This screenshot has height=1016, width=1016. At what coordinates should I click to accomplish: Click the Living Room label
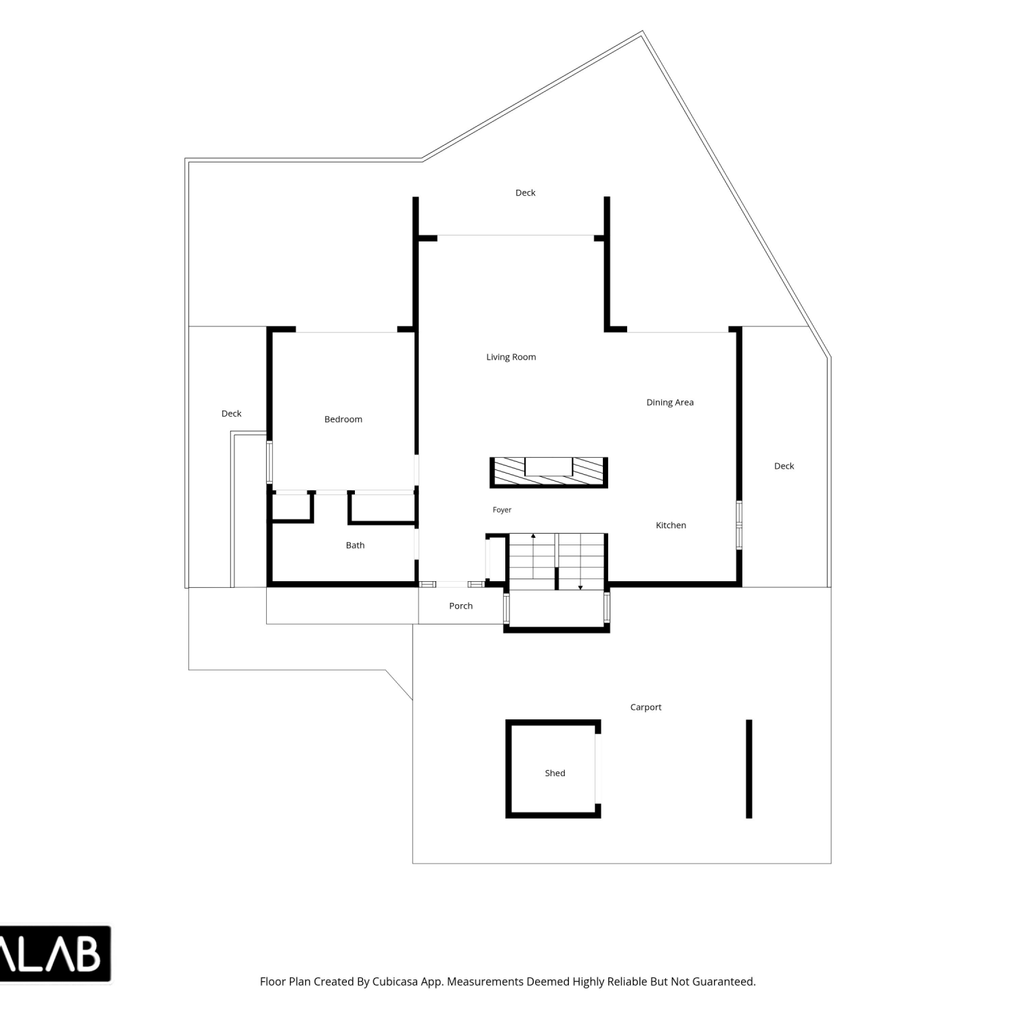pyautogui.click(x=511, y=357)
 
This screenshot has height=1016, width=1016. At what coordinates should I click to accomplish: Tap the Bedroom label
pyautogui.click(x=343, y=419)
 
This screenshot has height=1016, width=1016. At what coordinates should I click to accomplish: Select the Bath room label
pyautogui.click(x=355, y=545)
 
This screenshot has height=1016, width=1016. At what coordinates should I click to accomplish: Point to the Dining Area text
pyautogui.click(x=670, y=402)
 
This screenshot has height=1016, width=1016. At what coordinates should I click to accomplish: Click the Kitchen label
pyautogui.click(x=671, y=525)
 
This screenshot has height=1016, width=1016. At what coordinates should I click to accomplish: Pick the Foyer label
pyautogui.click(x=502, y=510)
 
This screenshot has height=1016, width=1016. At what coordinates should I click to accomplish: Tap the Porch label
pyautogui.click(x=461, y=606)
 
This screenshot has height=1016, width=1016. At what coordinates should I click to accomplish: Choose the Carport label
pyautogui.click(x=645, y=707)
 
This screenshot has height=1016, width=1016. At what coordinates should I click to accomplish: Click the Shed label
pyautogui.click(x=555, y=773)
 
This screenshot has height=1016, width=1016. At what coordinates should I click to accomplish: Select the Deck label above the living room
pyautogui.click(x=525, y=193)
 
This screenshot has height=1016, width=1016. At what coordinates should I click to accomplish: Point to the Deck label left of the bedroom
pyautogui.click(x=231, y=414)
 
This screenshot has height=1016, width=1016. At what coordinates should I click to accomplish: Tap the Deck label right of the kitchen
pyautogui.click(x=784, y=466)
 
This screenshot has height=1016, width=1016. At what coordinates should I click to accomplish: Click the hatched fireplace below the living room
pyautogui.click(x=549, y=473)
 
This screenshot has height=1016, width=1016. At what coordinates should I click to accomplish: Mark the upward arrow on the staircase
pyautogui.click(x=533, y=555)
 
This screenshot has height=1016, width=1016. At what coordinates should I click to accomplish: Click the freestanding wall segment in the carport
pyautogui.click(x=748, y=769)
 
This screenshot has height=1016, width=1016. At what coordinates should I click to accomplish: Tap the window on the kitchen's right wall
pyautogui.click(x=739, y=525)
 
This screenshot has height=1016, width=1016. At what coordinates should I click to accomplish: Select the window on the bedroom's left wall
pyautogui.click(x=270, y=462)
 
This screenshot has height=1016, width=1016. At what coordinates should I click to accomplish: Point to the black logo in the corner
pyautogui.click(x=55, y=954)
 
